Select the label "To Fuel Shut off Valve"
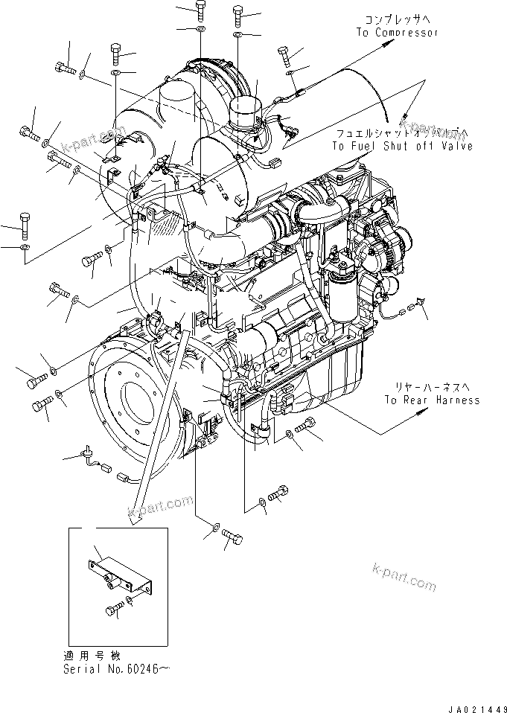(x=402, y=147)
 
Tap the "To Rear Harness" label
(x=432, y=400)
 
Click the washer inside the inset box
(x=130, y=599)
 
